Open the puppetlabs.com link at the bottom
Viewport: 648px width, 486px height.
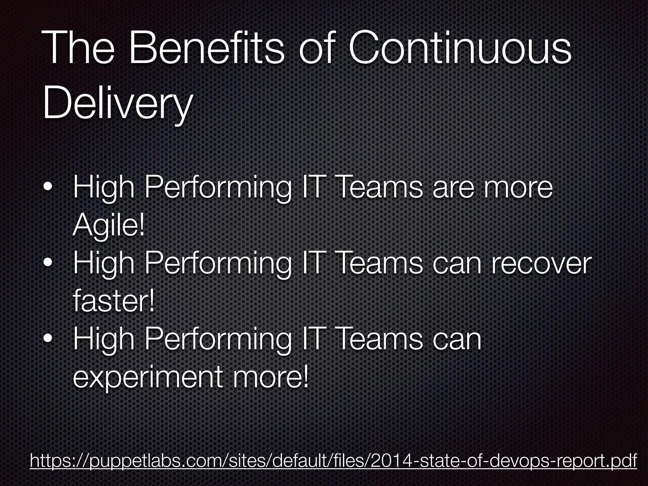tap(333, 460)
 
